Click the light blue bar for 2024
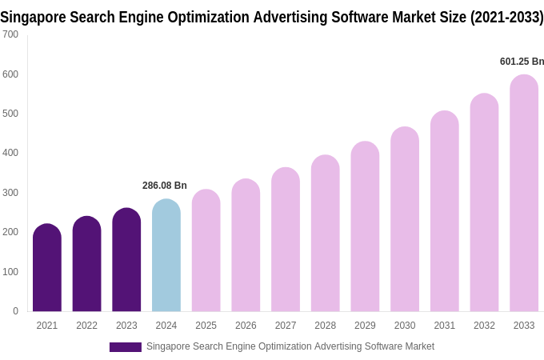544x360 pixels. click(166, 256)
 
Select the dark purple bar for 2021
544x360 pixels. click(47, 268)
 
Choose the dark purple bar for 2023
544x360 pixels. click(126, 260)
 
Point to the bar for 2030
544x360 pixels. click(405, 219)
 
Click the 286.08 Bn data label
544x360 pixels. click(165, 186)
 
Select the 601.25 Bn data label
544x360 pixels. click(522, 62)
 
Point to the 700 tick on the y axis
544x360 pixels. click(10, 34)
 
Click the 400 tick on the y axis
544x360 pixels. click(10, 153)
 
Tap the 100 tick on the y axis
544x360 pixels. click(10, 272)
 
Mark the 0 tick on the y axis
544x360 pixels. click(15, 311)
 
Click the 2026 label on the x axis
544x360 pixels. click(246, 326)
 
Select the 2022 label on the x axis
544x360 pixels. click(86, 326)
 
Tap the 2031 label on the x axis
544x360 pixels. click(445, 326)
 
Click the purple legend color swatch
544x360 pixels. click(126, 347)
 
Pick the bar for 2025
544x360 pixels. click(206, 251)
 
